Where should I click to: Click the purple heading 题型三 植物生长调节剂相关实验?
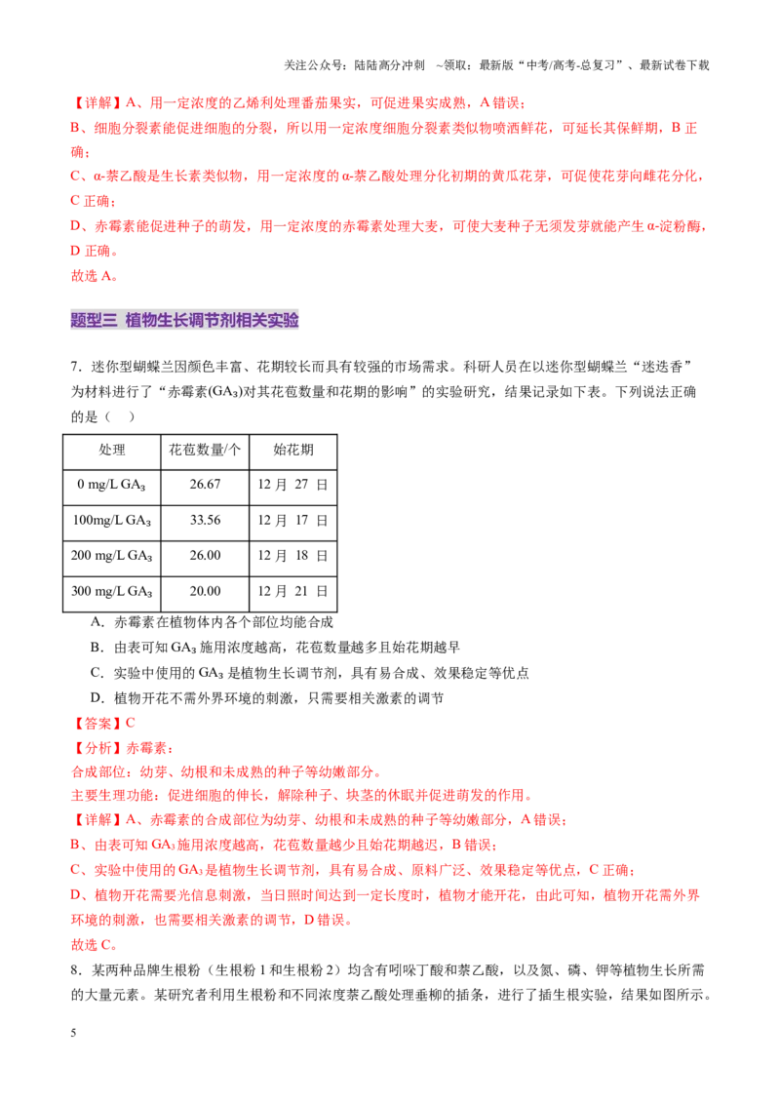tap(184, 320)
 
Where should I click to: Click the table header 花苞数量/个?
tap(205, 450)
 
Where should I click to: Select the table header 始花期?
tap(292, 450)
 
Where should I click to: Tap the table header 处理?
tap(112, 450)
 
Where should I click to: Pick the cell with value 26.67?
tap(205, 485)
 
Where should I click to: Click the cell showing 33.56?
tap(205, 521)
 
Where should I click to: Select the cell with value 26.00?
tap(205, 556)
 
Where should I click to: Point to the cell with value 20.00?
tap(205, 591)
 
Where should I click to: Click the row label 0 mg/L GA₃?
tap(111, 485)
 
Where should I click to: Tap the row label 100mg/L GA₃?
tap(112, 521)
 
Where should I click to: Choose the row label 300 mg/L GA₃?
tap(112, 592)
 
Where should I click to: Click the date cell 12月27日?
tap(292, 485)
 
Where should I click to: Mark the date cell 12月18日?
tap(292, 556)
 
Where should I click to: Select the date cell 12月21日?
tap(292, 591)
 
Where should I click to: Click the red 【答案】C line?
tap(103, 723)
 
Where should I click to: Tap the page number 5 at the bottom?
tap(73, 1033)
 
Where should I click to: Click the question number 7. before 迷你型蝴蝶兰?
tap(77, 367)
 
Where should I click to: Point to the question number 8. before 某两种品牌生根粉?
tap(77, 970)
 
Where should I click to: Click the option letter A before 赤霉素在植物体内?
tap(96, 622)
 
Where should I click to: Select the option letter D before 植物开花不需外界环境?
tap(96, 698)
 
